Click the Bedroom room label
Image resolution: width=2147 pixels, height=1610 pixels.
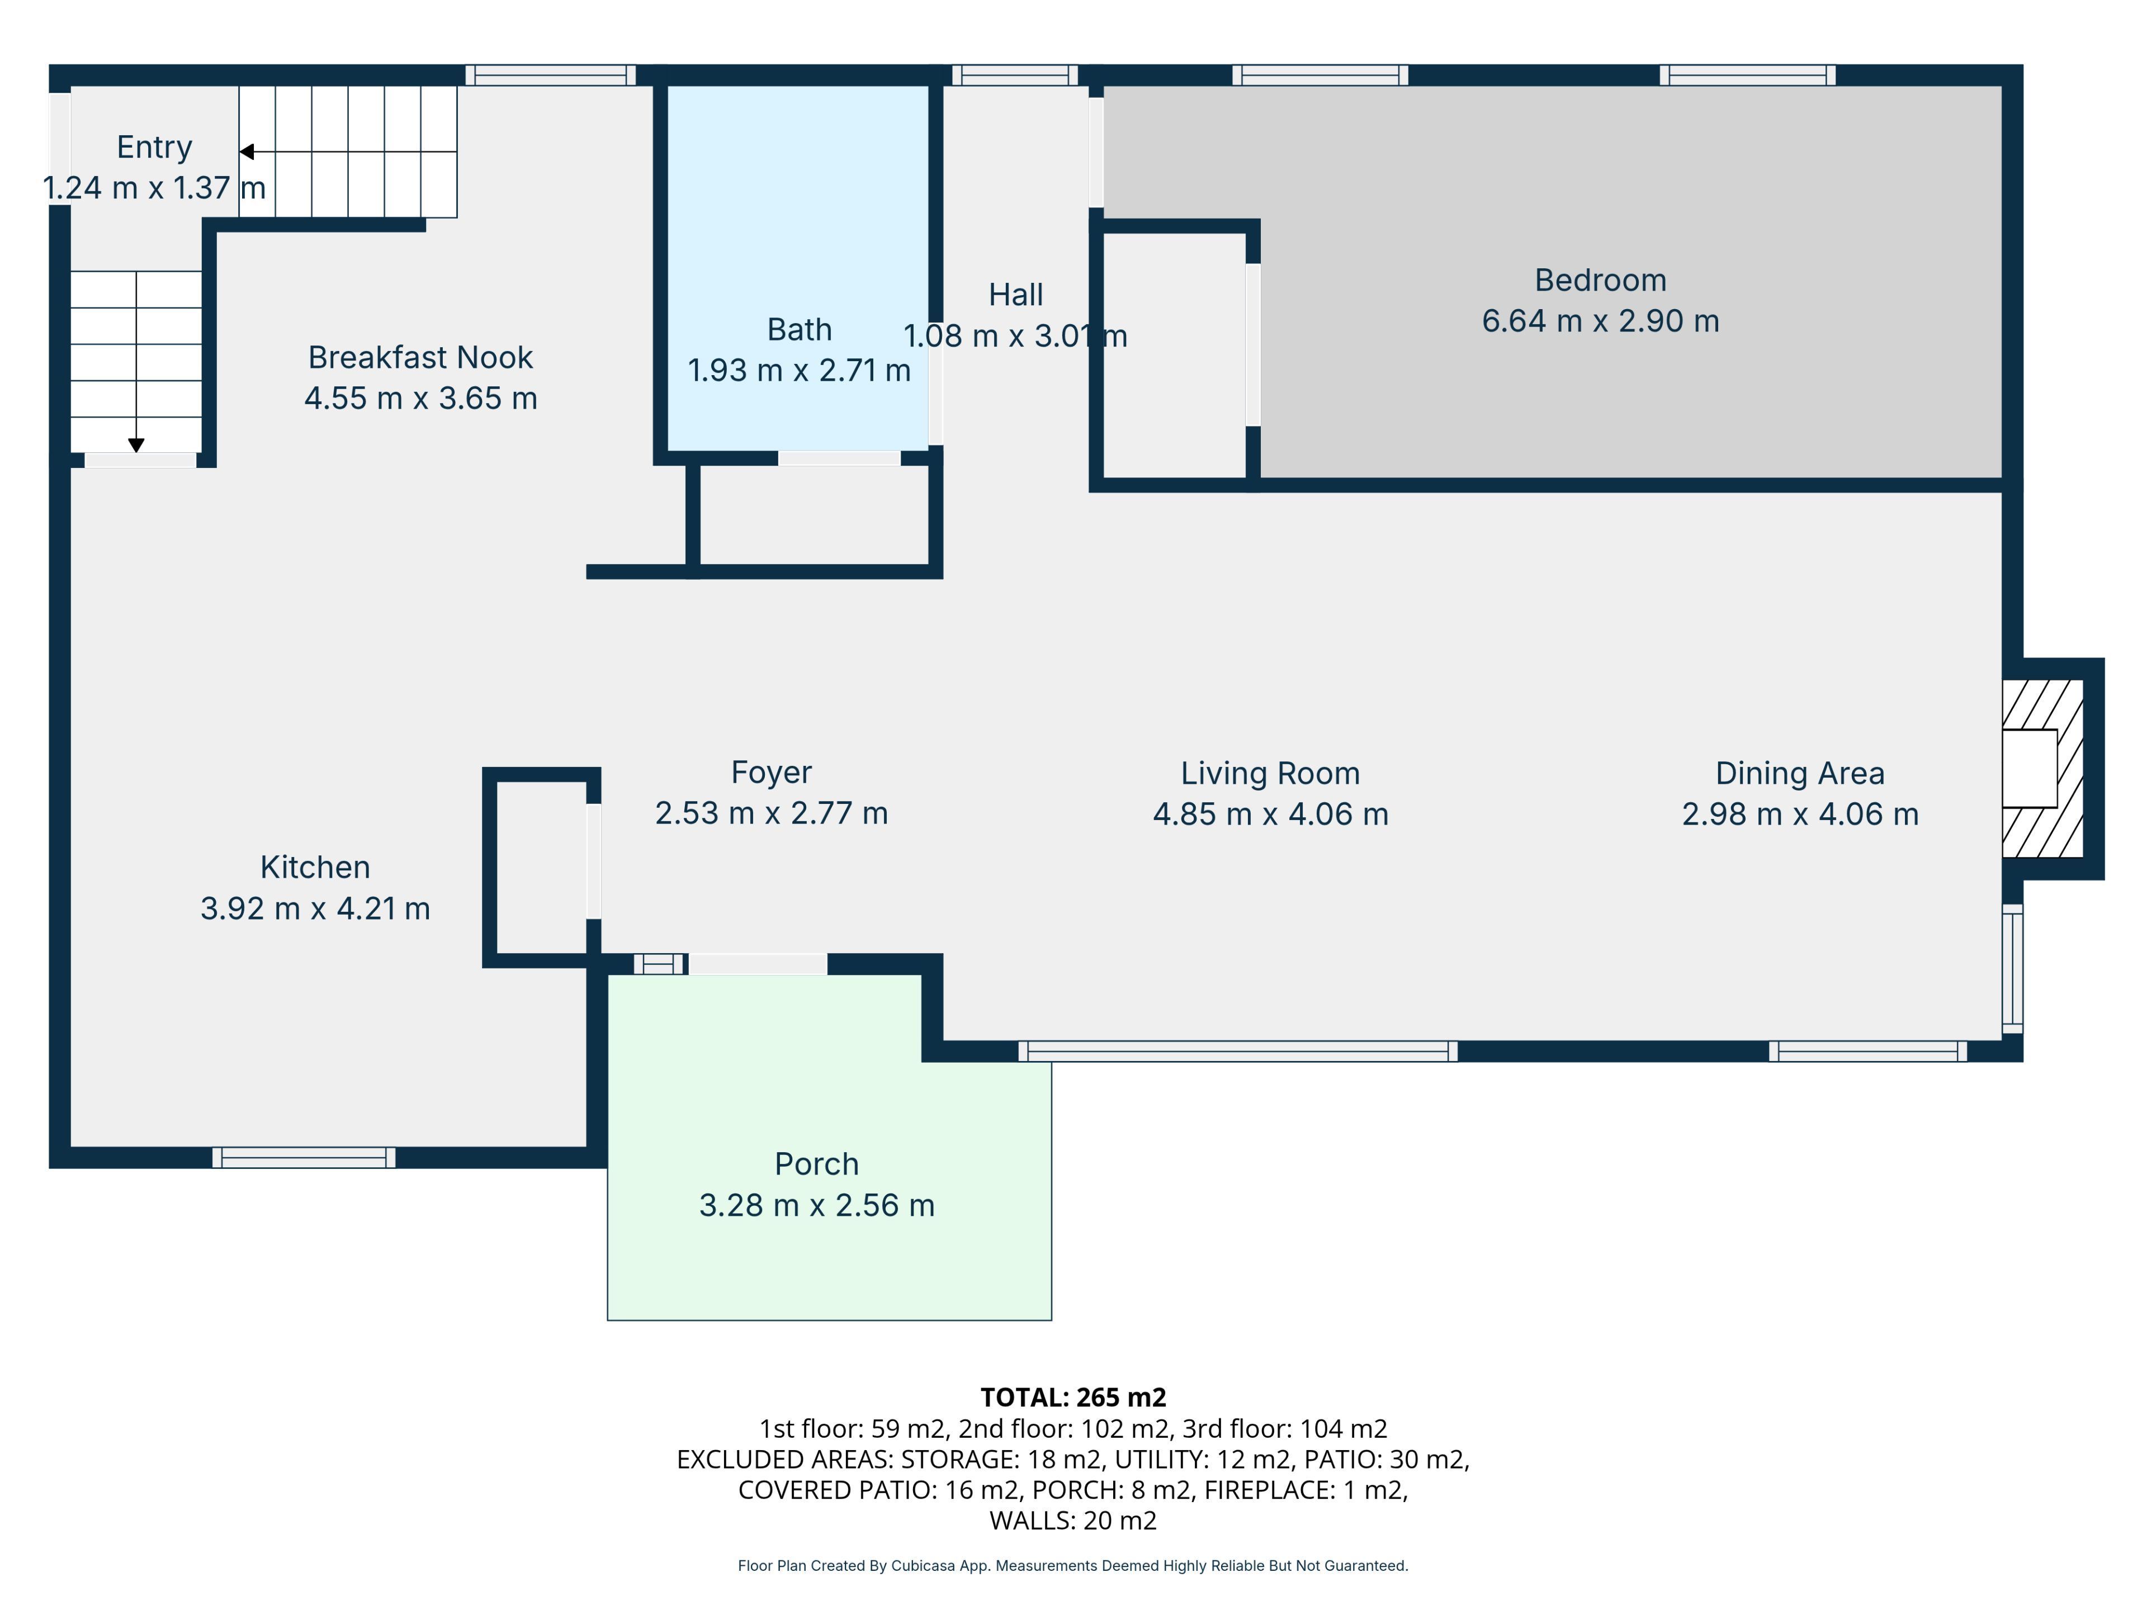pos(1600,281)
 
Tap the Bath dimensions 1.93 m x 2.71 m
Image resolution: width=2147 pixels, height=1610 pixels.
pos(799,371)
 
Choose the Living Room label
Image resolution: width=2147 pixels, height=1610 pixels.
pos(1270,774)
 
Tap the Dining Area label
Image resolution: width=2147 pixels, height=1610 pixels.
pos(1800,774)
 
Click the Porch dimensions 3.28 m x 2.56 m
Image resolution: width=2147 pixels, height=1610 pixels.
pos(816,1205)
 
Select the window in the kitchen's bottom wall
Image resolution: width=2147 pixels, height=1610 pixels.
pos(304,1157)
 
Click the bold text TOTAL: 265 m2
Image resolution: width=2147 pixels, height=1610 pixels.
pos(1072,1398)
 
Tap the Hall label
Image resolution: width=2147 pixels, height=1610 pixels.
pos(1015,295)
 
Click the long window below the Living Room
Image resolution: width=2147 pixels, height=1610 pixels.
pos(1237,1051)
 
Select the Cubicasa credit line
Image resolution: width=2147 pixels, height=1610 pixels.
pos(1072,1565)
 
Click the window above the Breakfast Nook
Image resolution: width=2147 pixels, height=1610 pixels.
pos(550,75)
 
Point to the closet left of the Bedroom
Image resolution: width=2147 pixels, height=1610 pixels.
pos(1175,355)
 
